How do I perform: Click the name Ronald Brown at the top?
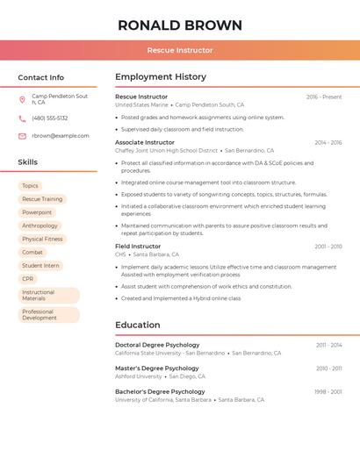[x=180, y=25]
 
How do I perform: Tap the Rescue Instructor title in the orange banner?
[x=180, y=50]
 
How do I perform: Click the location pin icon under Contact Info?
[x=22, y=99]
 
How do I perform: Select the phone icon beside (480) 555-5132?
[x=22, y=118]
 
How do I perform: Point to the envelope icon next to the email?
[x=22, y=136]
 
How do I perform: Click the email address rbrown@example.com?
[x=61, y=136]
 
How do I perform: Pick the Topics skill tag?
[x=30, y=186]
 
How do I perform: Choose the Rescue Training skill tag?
[x=42, y=199]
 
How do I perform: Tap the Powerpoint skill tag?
[x=37, y=212]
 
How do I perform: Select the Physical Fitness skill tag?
[x=42, y=239]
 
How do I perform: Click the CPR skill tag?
[x=28, y=279]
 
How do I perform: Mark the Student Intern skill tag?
[x=40, y=266]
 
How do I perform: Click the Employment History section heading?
[x=161, y=77]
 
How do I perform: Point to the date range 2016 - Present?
[x=324, y=97]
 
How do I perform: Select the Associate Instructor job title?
[x=145, y=142]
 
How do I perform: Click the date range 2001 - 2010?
[x=328, y=247]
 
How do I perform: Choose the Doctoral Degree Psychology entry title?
[x=157, y=345]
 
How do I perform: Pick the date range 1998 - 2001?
[x=328, y=391]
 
